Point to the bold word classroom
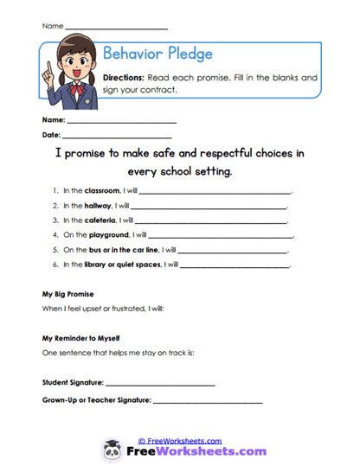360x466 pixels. pos(102,191)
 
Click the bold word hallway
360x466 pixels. pos(99,206)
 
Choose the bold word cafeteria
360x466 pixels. pos(100,220)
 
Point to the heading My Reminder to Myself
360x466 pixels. pos(80,338)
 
